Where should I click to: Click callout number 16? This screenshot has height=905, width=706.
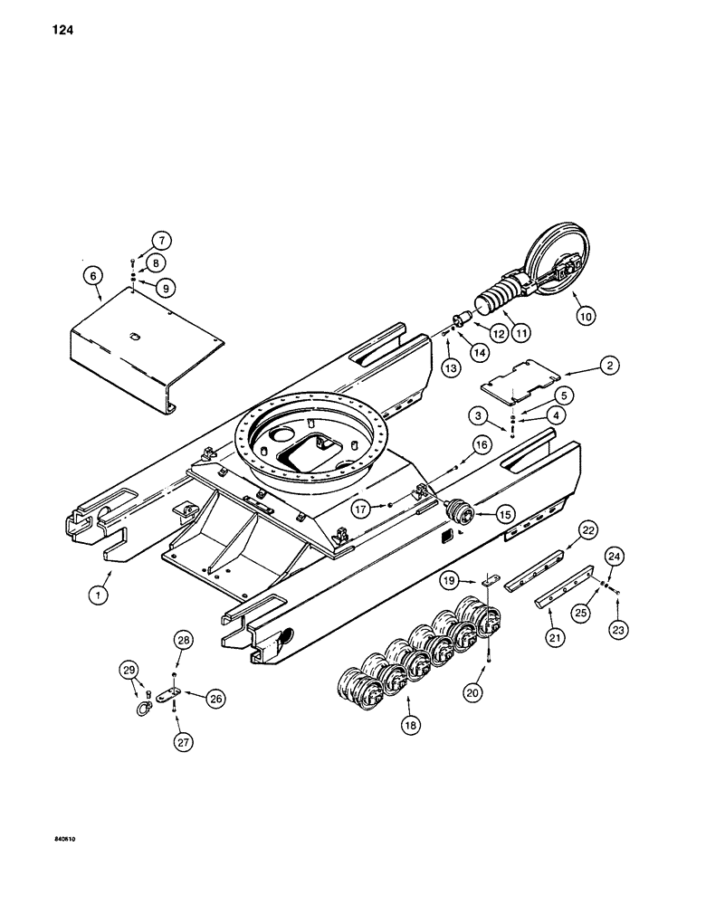[480, 444]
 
